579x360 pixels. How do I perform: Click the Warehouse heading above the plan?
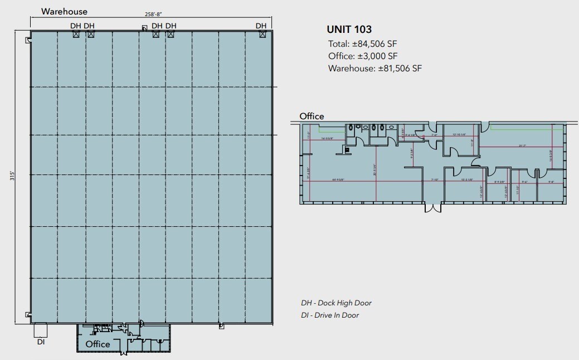click(64, 11)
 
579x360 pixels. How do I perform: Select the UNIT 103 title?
click(349, 30)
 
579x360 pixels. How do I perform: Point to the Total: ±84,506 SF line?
click(362, 44)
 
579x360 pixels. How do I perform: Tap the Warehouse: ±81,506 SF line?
click(375, 69)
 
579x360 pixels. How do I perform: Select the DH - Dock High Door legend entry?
click(336, 303)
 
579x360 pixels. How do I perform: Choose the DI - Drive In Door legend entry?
click(330, 315)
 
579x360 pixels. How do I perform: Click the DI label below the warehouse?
click(41, 342)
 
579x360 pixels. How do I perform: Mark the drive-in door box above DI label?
click(41, 330)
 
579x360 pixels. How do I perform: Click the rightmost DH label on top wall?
click(261, 26)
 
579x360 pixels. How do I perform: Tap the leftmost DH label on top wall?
click(76, 26)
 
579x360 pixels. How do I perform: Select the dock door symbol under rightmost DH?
click(261, 35)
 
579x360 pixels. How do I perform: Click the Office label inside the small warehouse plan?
click(98, 344)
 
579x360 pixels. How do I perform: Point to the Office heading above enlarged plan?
click(312, 116)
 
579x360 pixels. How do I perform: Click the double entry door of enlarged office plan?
click(432, 208)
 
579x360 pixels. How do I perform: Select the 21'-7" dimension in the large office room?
click(523, 145)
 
